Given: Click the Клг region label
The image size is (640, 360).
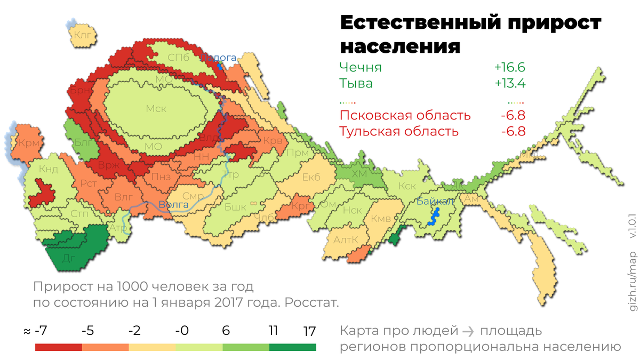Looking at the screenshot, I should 83,36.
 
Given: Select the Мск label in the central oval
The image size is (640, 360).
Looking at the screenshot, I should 156,109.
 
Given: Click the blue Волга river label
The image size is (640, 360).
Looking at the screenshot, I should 173,204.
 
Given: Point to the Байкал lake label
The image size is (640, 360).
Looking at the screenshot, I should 435,201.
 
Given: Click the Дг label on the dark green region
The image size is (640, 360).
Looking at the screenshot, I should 68,258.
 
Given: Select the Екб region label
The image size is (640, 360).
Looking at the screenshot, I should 311,177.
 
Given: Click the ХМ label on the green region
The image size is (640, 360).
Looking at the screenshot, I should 361,174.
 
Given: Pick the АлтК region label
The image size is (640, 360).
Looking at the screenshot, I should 346,240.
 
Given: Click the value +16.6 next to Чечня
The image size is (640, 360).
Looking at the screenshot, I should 509,67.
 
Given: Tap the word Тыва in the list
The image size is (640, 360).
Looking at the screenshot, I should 356,83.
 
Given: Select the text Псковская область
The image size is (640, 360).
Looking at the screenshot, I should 405,115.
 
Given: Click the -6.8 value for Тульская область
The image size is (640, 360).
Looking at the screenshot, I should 513,131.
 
